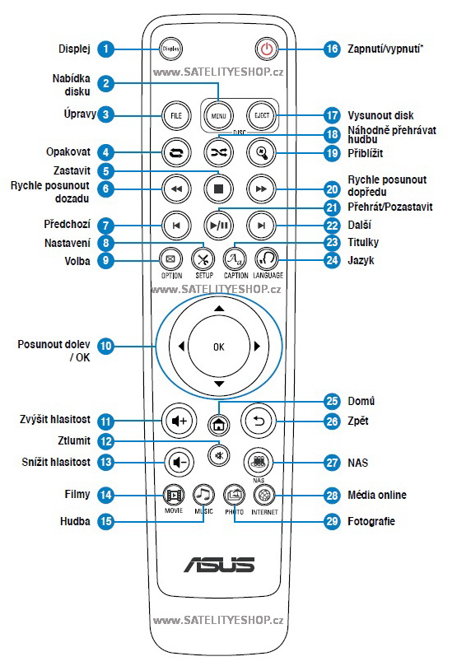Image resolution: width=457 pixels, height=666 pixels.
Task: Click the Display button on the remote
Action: click(x=171, y=49)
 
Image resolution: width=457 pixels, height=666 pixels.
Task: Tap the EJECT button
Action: click(x=262, y=115)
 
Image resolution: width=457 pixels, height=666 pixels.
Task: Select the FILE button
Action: click(x=176, y=115)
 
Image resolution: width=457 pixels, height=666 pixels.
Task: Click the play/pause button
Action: click(x=219, y=225)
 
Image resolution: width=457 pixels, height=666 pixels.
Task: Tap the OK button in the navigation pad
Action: click(x=219, y=347)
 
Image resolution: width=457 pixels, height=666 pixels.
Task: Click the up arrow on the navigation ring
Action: click(x=219, y=309)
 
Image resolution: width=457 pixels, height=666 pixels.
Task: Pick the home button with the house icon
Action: click(x=219, y=424)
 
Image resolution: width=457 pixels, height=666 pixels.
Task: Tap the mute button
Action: click(x=219, y=456)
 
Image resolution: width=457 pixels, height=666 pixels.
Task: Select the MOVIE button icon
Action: click(x=174, y=495)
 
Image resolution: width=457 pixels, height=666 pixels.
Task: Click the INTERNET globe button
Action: click(x=264, y=495)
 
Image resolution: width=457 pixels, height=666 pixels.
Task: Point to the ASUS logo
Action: click(x=219, y=565)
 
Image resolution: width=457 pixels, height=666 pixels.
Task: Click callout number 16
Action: click(x=332, y=49)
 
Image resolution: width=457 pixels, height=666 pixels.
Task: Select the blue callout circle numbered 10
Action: click(x=105, y=346)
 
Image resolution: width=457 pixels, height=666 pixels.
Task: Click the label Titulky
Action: click(x=363, y=242)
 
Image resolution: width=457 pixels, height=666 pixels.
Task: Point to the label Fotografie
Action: click(x=371, y=521)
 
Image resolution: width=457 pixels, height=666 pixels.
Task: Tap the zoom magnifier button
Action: click(x=262, y=152)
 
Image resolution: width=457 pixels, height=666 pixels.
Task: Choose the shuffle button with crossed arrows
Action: click(x=219, y=152)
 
